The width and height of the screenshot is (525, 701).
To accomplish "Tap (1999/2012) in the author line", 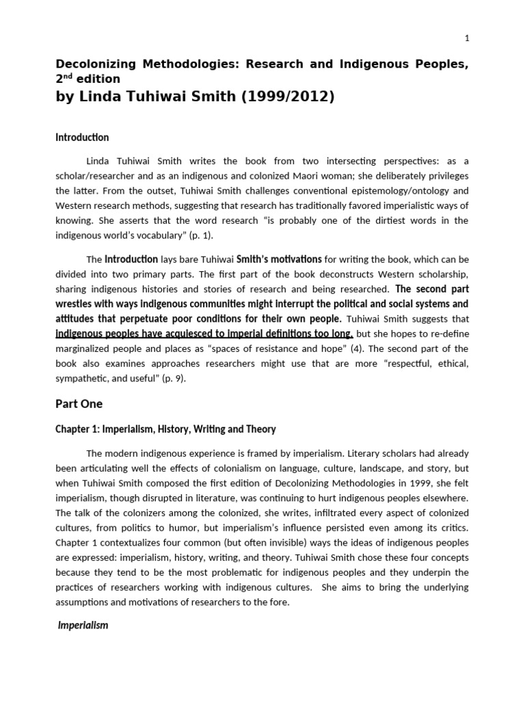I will [289, 97].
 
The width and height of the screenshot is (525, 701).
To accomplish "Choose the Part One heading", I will [79, 404].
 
